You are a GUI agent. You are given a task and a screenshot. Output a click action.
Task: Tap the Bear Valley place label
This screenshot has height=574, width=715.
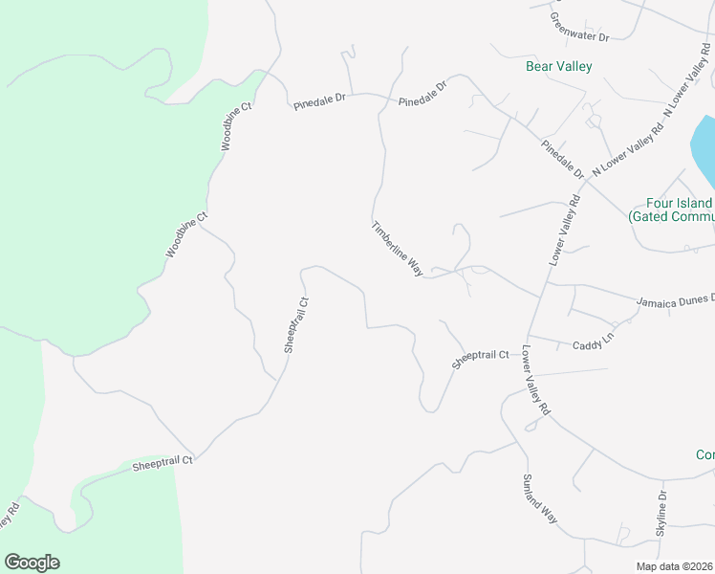(559, 67)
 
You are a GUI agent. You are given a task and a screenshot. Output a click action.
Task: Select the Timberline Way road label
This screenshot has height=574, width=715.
(398, 250)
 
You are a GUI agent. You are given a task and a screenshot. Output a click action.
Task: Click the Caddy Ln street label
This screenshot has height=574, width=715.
(593, 344)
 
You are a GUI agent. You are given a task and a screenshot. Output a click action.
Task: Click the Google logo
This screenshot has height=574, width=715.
(32, 563)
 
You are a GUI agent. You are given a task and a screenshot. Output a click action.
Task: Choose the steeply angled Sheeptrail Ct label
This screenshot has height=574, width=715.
(296, 325)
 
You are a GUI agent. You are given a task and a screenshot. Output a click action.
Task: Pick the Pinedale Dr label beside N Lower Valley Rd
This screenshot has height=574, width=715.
(562, 159)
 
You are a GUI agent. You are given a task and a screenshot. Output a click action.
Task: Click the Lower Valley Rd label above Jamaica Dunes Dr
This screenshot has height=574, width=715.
(565, 231)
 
